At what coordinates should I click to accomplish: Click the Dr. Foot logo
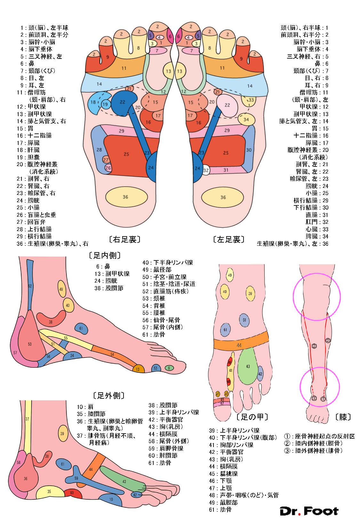click(x=309, y=511)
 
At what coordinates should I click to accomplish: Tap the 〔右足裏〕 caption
click(x=124, y=239)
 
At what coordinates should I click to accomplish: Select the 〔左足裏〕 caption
click(x=228, y=239)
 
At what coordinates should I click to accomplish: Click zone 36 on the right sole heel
click(x=125, y=197)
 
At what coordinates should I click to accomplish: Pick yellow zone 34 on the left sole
click(x=246, y=120)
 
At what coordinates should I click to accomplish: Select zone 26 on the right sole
click(x=108, y=168)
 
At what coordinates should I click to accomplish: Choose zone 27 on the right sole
click(x=106, y=160)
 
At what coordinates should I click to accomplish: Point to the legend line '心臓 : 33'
click(x=316, y=229)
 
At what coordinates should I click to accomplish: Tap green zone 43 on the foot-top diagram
click(x=248, y=366)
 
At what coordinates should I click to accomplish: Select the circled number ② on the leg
click(x=328, y=340)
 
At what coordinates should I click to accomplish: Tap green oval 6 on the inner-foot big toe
click(x=169, y=368)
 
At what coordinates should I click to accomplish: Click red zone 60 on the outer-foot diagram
click(x=72, y=493)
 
